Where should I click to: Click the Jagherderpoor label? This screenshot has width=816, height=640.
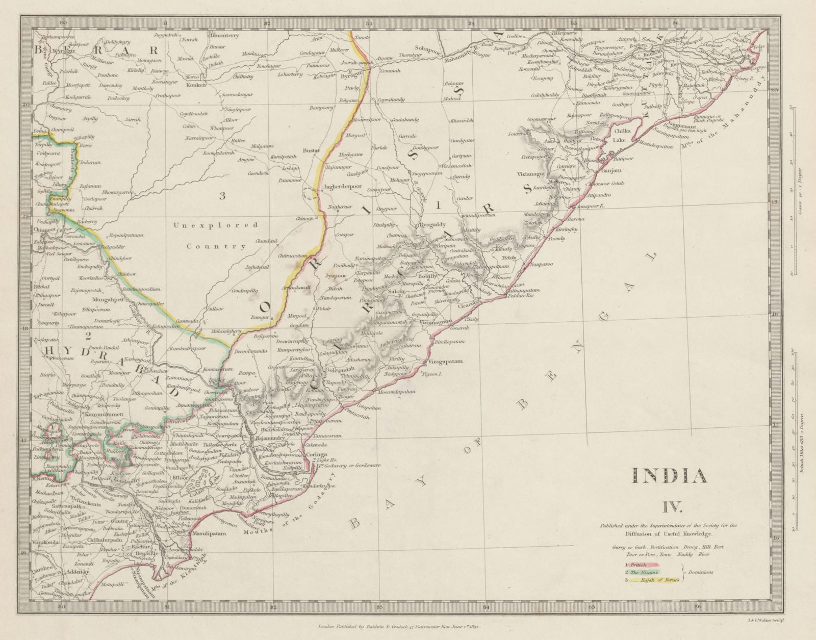coord(342,186)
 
